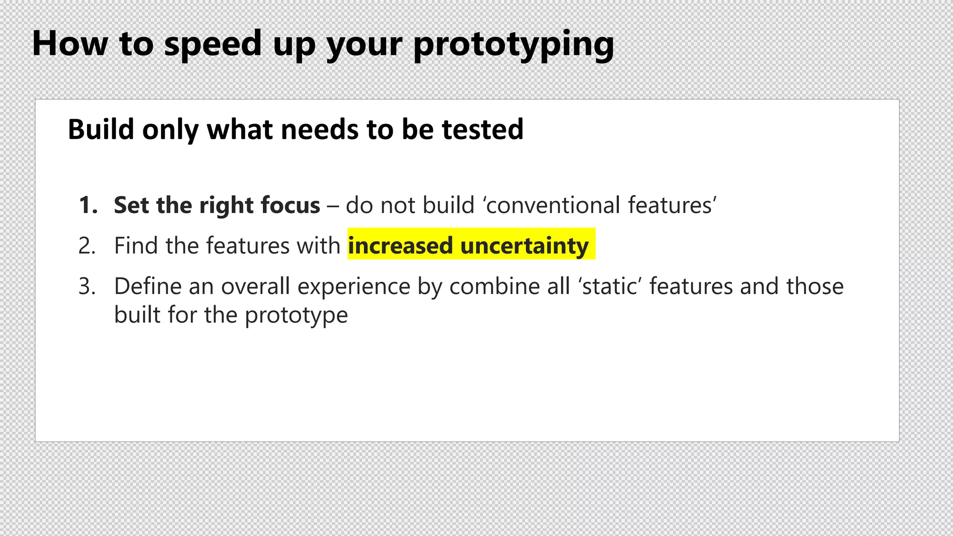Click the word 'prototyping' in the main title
point(513,44)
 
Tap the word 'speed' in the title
point(213,44)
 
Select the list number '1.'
point(88,205)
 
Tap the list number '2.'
point(87,246)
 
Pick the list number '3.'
point(87,286)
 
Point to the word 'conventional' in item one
point(553,205)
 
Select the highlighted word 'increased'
point(400,246)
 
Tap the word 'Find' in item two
point(135,246)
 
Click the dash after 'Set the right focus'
point(333,206)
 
